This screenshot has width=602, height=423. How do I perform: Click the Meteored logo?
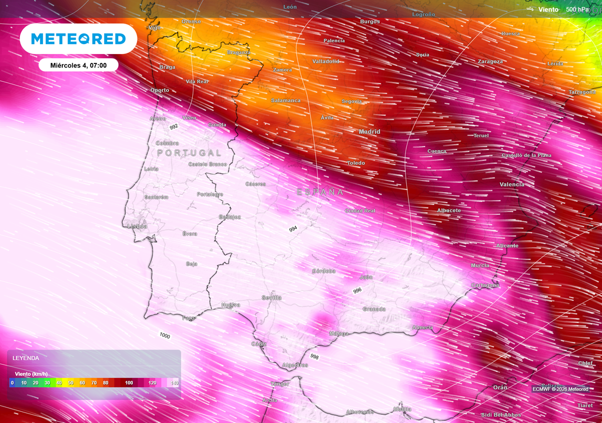pyautogui.click(x=78, y=39)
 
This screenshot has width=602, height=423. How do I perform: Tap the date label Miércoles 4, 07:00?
pyautogui.click(x=78, y=65)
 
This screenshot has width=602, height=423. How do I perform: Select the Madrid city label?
pyautogui.click(x=369, y=132)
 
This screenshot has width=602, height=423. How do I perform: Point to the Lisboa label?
pyautogui.click(x=137, y=226)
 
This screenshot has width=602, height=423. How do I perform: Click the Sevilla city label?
pyautogui.click(x=272, y=297)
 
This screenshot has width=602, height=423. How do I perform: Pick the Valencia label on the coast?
pyautogui.click(x=511, y=184)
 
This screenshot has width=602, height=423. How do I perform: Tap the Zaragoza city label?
pyautogui.click(x=490, y=61)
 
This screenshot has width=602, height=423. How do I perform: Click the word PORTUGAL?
pyautogui.click(x=189, y=153)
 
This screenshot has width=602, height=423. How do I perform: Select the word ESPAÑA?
pyautogui.click(x=320, y=192)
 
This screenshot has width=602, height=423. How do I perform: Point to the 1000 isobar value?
pyautogui.click(x=165, y=335)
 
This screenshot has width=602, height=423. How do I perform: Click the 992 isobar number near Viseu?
pyautogui.click(x=173, y=126)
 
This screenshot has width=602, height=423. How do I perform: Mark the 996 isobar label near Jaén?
pyautogui.click(x=357, y=291)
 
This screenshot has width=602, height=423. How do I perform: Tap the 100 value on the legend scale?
pyautogui.click(x=129, y=382)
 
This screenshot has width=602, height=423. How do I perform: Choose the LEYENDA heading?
pyautogui.click(x=26, y=358)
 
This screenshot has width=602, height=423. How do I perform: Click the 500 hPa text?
pyautogui.click(x=577, y=9)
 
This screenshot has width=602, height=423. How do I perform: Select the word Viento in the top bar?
pyautogui.click(x=549, y=9)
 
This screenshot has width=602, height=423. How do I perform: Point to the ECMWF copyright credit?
pyautogui.click(x=560, y=389)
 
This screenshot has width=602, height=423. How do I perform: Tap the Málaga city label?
pyautogui.click(x=339, y=334)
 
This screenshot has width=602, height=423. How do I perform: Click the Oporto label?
pyautogui.click(x=159, y=90)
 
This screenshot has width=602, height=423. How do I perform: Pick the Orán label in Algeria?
pyautogui.click(x=500, y=387)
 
